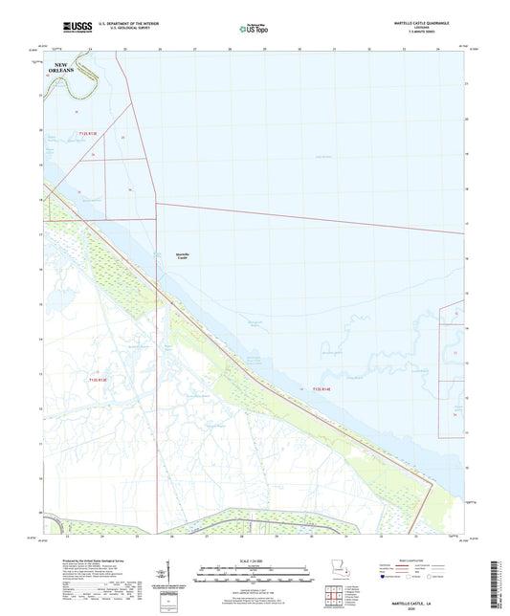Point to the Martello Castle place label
183,255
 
